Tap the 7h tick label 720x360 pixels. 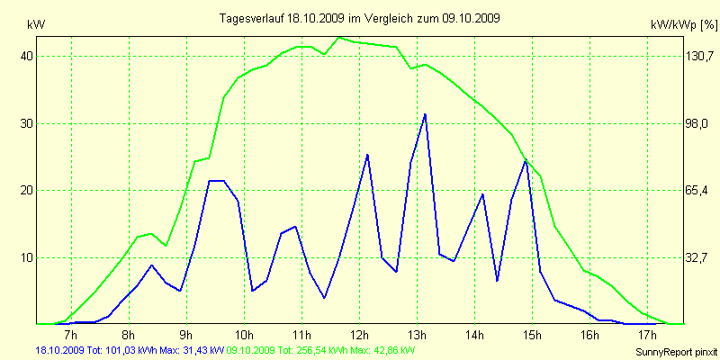coord(72,337)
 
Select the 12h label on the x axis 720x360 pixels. coord(359,337)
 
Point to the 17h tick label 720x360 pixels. coord(647,337)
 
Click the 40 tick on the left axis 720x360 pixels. coord(26,56)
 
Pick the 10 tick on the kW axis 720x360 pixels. coord(26,257)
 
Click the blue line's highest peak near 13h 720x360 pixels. coord(425,114)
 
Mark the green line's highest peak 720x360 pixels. coord(338,38)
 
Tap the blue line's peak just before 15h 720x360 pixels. coord(526,160)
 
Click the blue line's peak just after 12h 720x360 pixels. coord(367,155)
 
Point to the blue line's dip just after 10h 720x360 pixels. coord(253,291)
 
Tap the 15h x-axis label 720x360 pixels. coord(532,337)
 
